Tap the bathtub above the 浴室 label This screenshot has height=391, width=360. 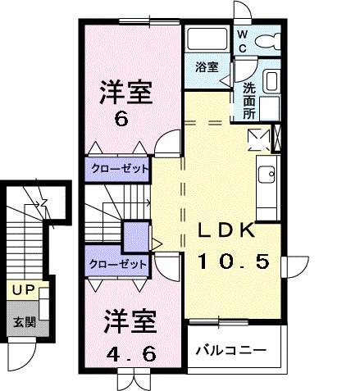(x=207, y=39)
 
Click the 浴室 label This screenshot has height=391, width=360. (x=207, y=67)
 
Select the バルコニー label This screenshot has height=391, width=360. (x=230, y=350)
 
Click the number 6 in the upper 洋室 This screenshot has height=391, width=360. (x=121, y=118)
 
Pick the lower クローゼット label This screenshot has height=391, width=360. (x=118, y=264)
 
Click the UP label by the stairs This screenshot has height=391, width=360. (x=23, y=289)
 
